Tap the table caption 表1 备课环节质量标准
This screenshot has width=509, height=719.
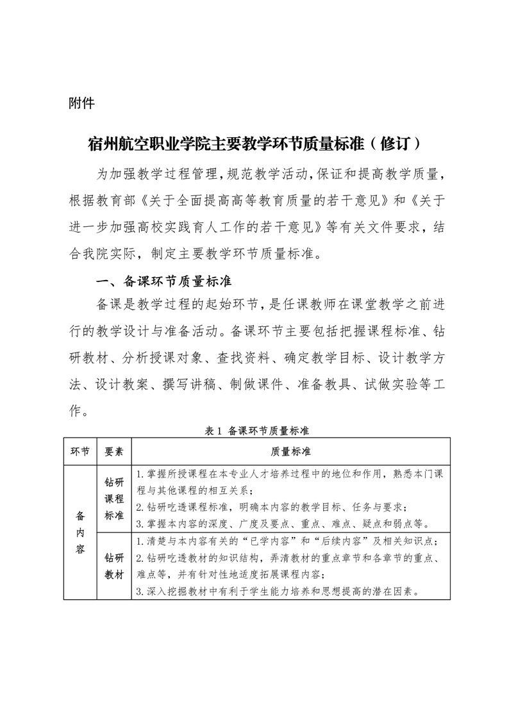pos(256,431)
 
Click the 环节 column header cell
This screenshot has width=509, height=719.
pos(79,452)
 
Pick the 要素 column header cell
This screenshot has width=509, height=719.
pos(114,452)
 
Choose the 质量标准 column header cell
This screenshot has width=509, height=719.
pos(291,452)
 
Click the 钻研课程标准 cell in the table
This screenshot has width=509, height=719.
pos(114,498)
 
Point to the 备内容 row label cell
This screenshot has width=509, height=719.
pos(79,532)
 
